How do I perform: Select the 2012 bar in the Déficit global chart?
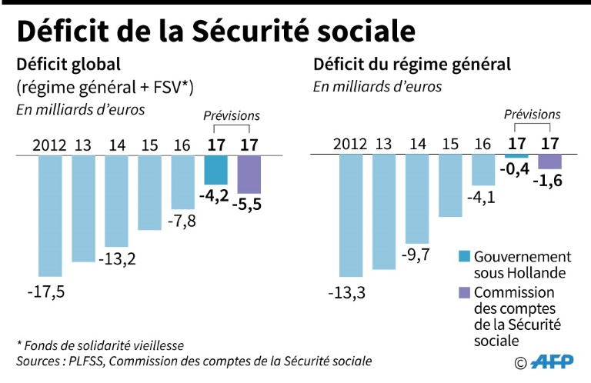coord(49,215)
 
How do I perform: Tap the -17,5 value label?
coord(47,292)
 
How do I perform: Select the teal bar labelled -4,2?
coord(216,168)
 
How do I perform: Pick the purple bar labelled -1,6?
coord(549,162)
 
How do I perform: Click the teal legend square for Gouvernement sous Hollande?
coord(464,257)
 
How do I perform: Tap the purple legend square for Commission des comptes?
coord(464,292)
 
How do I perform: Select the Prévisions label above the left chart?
coord(232,116)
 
